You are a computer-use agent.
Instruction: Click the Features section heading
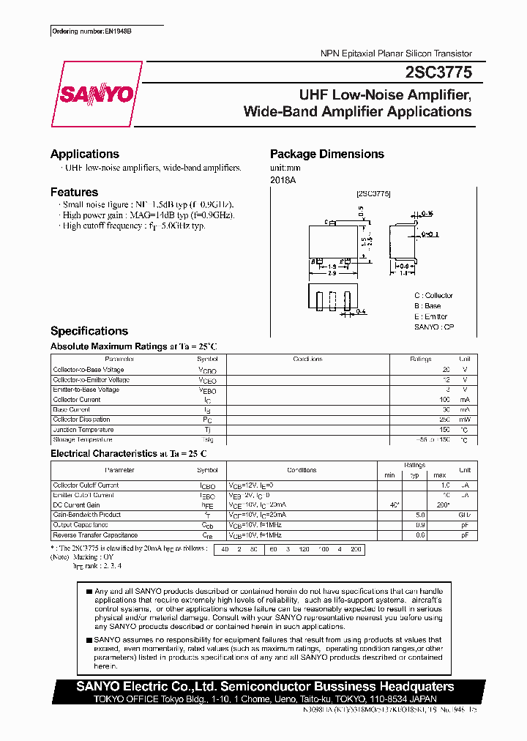pos(74,192)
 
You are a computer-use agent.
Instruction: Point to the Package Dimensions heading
pos(326,154)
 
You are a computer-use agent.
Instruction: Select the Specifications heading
pos(89,331)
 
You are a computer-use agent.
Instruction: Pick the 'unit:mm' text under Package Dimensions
pos(285,168)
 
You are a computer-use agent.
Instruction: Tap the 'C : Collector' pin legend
pos(433,296)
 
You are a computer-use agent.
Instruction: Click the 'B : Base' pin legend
pos(427,306)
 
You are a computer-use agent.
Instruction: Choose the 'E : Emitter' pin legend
pos(430,316)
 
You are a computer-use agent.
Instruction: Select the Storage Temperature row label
pos(83,440)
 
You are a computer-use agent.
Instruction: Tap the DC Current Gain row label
pos(77,505)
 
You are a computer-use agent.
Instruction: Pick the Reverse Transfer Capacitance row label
pos(94,535)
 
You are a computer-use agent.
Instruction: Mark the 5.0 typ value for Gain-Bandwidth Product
pos(420,515)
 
